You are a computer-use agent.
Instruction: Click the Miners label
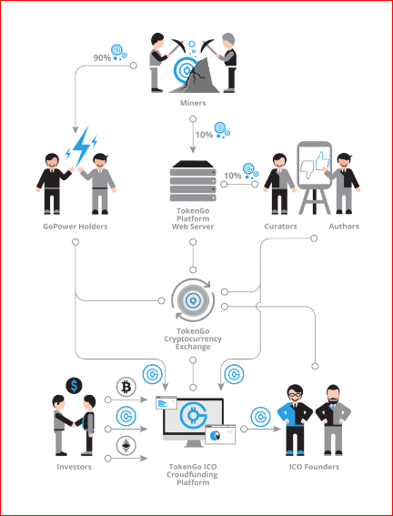[x=193, y=103]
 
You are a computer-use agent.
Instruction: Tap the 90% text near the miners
[x=102, y=58]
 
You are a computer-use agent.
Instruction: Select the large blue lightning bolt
[x=81, y=146]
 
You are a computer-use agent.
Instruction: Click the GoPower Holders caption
[x=76, y=227]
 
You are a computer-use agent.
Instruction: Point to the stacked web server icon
[x=193, y=181]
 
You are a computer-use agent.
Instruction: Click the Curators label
[x=280, y=227]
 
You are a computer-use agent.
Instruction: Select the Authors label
[x=344, y=227]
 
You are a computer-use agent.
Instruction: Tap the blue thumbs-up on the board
[x=322, y=161]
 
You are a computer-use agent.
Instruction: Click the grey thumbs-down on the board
[x=307, y=169]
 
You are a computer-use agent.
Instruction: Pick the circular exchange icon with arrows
[x=193, y=299]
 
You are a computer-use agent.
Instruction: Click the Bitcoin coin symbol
[x=126, y=387]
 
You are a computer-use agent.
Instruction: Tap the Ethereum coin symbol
[x=126, y=446]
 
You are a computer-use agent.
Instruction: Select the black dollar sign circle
[x=74, y=386]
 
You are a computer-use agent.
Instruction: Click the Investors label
[x=74, y=467]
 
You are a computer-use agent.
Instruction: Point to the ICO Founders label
[x=314, y=467]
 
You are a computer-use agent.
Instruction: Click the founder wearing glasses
[x=295, y=420]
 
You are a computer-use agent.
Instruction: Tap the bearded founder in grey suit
[x=333, y=420]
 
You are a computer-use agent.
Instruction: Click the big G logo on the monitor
[x=194, y=415]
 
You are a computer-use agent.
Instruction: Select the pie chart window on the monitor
[x=220, y=434]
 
